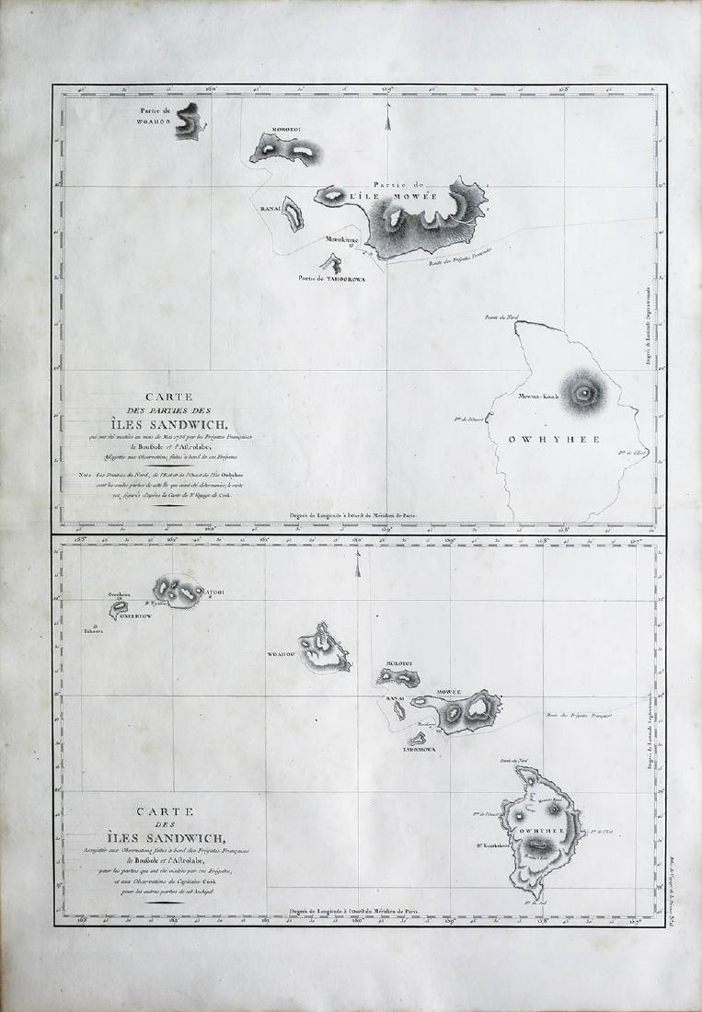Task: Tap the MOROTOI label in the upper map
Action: pos(287,131)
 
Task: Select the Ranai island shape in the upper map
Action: pos(293,214)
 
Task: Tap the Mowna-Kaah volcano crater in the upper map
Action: pos(583,393)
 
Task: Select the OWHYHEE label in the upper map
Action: pos(554,439)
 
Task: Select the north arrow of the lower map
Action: pos(357,567)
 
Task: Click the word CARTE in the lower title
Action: pos(163,811)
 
